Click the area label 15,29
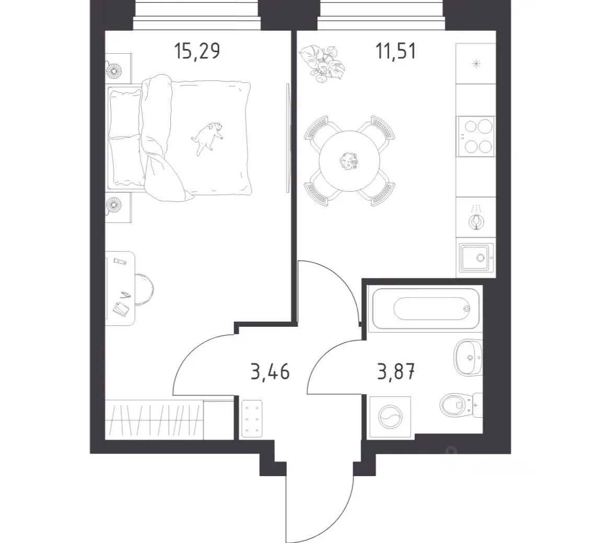point(197,52)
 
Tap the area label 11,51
point(396,52)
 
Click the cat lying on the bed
point(207,138)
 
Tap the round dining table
point(350,161)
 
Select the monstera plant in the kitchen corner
point(322,63)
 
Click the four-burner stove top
point(476,136)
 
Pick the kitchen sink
point(475,257)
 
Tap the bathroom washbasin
point(468,358)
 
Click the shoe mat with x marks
point(252,419)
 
